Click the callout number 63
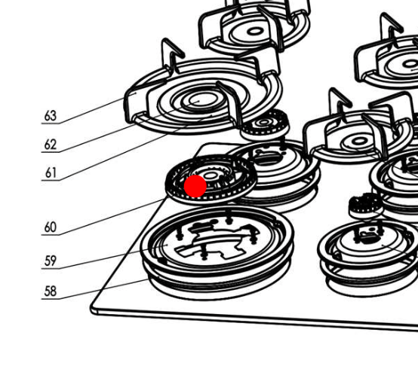tap(51, 116)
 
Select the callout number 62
tap(51, 145)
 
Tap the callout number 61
tap(51, 173)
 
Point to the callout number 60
tap(51, 227)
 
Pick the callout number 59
tap(51, 261)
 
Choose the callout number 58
tap(51, 291)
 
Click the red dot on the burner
tap(195, 186)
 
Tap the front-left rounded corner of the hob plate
tap(94, 310)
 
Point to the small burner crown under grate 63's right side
tap(264, 125)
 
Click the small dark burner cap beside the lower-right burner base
tap(366, 206)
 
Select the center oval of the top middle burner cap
tap(255, 32)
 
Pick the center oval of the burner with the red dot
tap(211, 175)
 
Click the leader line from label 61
tap(127, 148)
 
